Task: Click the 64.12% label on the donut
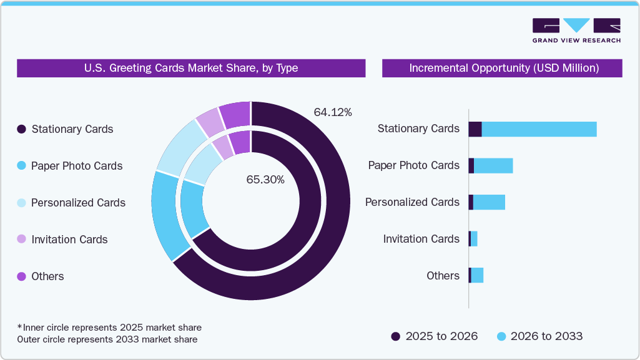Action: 333,112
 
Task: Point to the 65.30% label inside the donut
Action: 265,180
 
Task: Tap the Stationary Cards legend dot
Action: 21,129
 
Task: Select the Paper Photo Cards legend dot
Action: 21,166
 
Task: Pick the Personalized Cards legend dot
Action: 21,203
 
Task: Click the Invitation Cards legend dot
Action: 21,240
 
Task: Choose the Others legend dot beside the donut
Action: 21,276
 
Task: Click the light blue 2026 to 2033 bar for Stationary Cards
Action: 539,129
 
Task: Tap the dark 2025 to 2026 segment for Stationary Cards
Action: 475,129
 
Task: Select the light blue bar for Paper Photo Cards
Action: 493,165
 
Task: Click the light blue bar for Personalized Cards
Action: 489,202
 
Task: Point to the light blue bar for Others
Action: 477,275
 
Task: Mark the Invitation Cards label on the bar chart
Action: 421,239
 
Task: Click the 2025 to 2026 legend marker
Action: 396,336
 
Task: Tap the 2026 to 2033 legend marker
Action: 501,336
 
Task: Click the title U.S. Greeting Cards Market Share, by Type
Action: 191,68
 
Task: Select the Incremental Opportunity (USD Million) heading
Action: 502,68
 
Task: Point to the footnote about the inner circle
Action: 109,328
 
